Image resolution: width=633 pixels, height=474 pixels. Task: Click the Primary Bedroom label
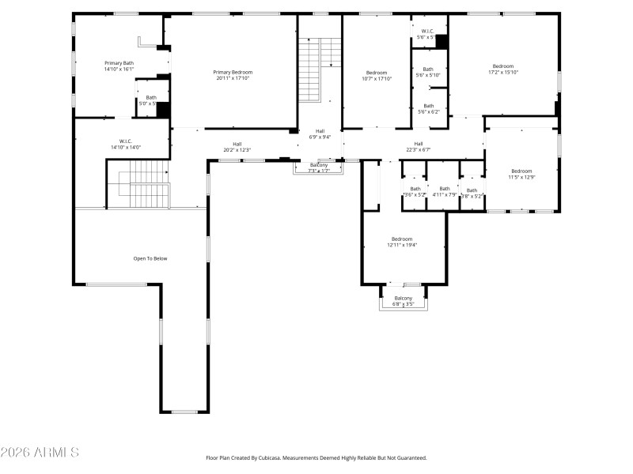click(x=233, y=72)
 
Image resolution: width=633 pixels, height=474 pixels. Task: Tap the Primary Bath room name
click(x=119, y=62)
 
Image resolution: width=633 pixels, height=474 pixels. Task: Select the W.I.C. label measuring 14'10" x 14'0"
click(x=124, y=141)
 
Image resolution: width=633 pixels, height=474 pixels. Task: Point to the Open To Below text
click(x=150, y=258)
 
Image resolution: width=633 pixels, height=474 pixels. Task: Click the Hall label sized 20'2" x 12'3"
click(x=237, y=144)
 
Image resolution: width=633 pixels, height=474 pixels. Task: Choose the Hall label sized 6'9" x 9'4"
click(x=320, y=131)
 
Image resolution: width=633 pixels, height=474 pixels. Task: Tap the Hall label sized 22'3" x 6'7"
click(x=419, y=144)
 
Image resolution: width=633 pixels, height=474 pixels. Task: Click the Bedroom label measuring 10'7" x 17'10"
click(x=376, y=73)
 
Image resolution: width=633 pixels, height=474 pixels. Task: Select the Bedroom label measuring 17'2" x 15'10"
click(x=502, y=66)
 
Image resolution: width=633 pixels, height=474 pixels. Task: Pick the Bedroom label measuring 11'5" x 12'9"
click(x=521, y=171)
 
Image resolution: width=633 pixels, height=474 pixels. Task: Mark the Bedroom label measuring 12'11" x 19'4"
click(x=401, y=239)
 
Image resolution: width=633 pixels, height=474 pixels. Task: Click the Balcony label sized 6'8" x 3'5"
click(x=403, y=298)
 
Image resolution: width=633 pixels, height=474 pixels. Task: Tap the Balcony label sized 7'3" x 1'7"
click(x=319, y=165)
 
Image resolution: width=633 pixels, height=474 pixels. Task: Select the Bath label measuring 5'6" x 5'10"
click(x=428, y=70)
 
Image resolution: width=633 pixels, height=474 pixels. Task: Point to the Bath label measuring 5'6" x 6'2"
click(x=428, y=106)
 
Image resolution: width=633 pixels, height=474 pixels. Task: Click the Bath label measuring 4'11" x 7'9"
click(x=445, y=189)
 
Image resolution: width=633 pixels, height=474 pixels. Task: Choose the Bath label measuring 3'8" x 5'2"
click(x=472, y=190)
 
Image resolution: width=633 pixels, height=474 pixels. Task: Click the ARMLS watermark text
click(x=40, y=453)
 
